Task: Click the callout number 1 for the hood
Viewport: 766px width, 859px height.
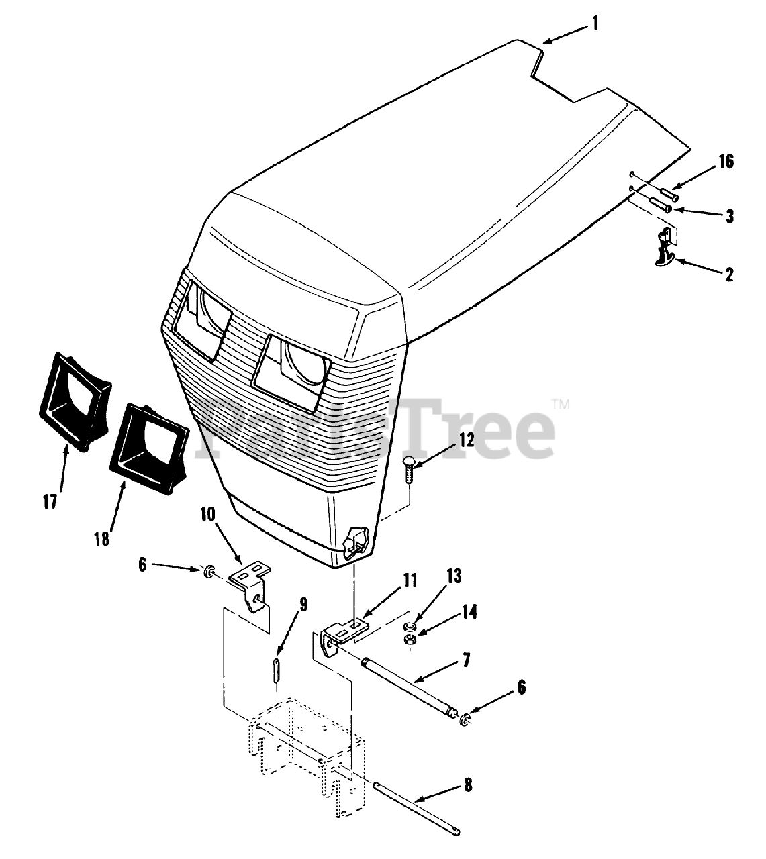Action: pyautogui.click(x=594, y=24)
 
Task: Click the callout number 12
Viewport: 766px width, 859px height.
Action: pyautogui.click(x=467, y=440)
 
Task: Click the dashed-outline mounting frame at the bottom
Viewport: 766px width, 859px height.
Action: pyautogui.click(x=306, y=745)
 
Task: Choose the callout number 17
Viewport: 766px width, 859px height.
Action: pyautogui.click(x=50, y=501)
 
